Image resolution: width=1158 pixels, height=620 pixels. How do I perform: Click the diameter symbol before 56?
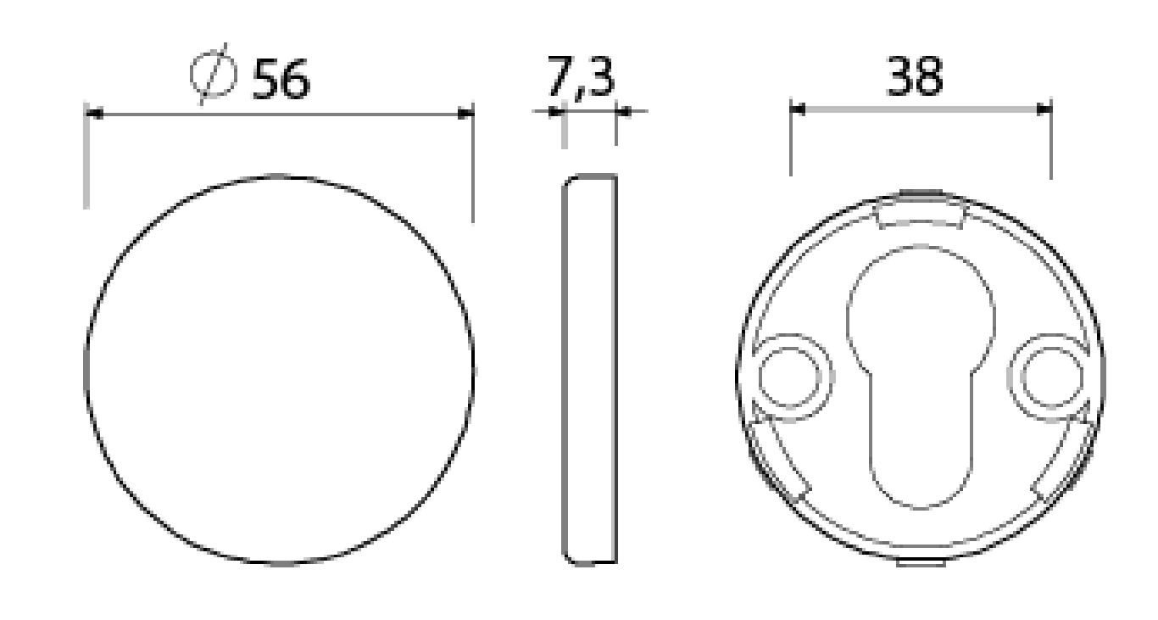(x=213, y=74)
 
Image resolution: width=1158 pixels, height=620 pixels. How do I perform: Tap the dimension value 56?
(x=281, y=79)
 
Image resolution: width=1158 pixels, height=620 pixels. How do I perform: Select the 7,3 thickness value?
(x=581, y=76)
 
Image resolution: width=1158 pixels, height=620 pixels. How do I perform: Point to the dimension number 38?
(x=915, y=76)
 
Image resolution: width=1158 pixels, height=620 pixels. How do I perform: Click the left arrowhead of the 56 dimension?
(x=94, y=114)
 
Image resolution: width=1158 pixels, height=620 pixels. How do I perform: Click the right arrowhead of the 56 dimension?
(x=465, y=114)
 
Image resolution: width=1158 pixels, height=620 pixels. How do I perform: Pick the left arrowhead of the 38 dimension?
(x=799, y=109)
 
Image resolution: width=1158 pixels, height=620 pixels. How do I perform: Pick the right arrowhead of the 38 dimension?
(x=1044, y=109)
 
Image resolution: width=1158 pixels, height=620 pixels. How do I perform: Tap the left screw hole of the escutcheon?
(x=789, y=377)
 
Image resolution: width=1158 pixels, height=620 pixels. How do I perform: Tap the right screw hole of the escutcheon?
(x=1052, y=377)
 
